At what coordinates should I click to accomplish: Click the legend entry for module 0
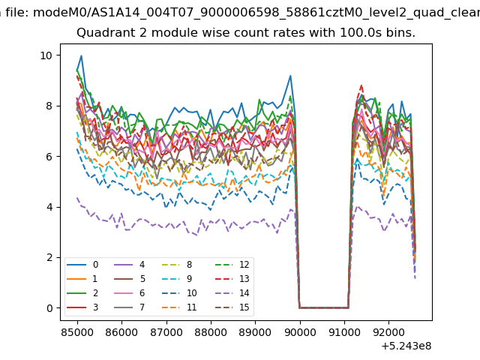82,265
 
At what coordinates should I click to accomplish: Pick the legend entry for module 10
179,293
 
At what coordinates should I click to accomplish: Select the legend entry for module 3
82,307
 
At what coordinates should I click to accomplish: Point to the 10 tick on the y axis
46,55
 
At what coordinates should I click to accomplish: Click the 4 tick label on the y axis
49,207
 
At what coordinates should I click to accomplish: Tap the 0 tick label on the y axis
49,308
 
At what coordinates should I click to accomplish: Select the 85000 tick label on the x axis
77,332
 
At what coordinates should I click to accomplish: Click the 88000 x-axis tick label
211,332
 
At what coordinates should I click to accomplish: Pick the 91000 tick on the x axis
344,332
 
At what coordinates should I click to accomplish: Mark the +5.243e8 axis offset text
406,346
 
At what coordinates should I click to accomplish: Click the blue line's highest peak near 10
82,55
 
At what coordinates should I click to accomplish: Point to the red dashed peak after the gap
361,85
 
